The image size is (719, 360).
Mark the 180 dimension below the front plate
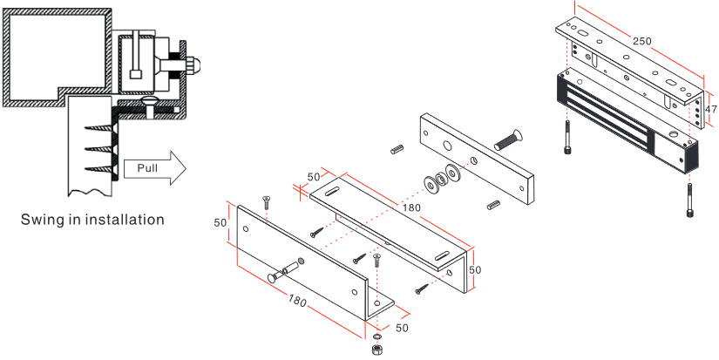point(297,302)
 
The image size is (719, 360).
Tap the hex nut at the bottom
point(376,349)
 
